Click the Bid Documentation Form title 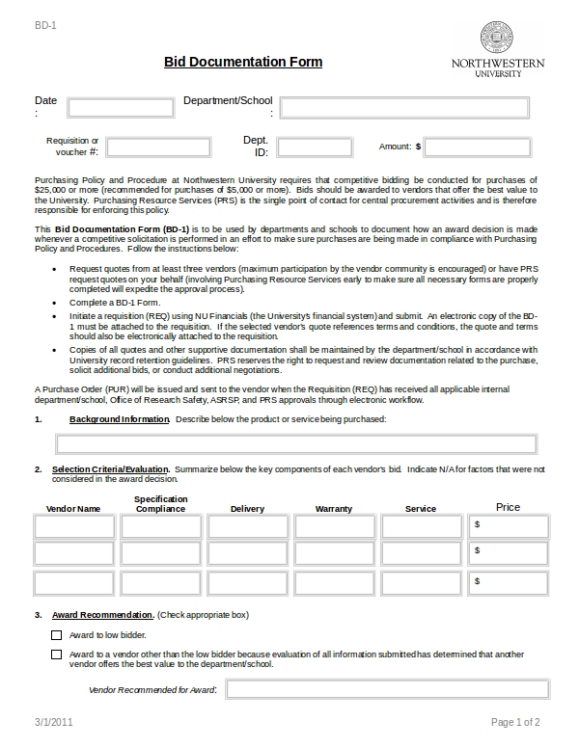pos(243,63)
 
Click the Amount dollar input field pos(477,147)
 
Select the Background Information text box pos(296,443)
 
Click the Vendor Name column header pos(73,508)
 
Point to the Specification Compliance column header pos(161,504)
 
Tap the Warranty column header pos(334,508)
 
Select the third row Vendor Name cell pos(74,583)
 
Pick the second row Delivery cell pos(248,553)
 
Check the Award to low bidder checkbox pos(56,635)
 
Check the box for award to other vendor pos(56,654)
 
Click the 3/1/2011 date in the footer pos(54,722)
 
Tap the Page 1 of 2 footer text pos(515,722)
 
